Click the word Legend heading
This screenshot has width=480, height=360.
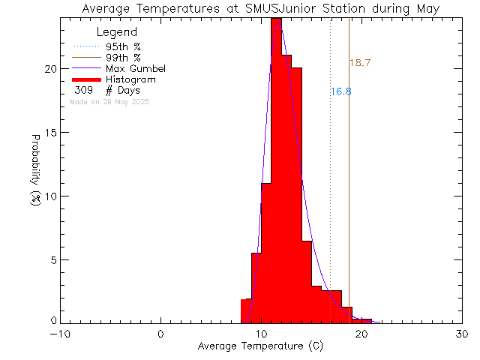tap(117, 32)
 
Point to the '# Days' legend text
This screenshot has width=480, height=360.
tap(123, 91)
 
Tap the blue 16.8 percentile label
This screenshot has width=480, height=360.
tap(340, 91)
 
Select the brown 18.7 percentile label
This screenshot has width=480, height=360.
tap(360, 63)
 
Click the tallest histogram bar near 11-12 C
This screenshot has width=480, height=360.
tap(276, 172)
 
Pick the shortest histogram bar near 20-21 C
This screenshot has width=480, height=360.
tap(367, 320)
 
